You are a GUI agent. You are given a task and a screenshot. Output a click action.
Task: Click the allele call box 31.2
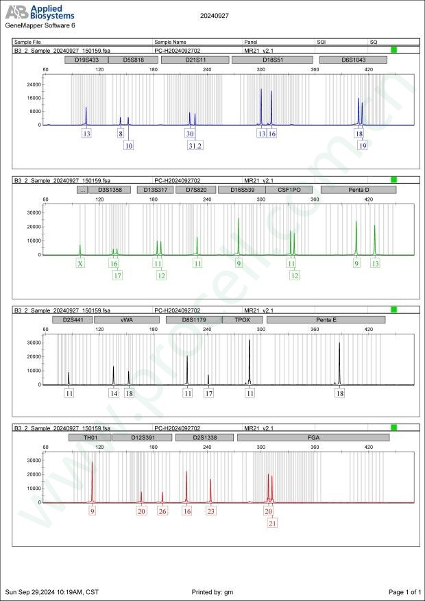point(195,146)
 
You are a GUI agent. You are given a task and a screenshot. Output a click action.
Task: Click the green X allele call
point(80,263)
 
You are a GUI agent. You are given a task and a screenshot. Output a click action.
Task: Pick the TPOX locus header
point(243,319)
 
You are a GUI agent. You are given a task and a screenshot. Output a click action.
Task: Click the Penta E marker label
point(327,319)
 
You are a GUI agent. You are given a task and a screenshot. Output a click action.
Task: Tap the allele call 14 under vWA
point(114,393)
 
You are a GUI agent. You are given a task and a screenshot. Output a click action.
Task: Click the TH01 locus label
point(89,437)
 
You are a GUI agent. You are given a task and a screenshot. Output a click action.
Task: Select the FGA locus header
point(313,437)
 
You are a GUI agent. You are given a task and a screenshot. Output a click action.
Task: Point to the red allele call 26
point(162,511)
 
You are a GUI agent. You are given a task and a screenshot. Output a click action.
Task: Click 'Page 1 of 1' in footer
point(404,591)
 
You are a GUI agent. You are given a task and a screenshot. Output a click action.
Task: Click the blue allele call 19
point(363,146)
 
